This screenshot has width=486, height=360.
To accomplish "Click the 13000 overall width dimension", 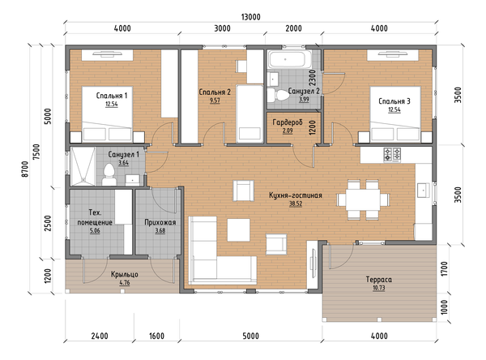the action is pos(250,17).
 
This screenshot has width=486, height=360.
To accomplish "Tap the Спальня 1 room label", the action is pos(112,96).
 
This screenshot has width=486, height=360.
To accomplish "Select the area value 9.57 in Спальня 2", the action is pos(215,101).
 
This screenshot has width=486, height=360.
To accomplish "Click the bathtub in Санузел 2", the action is pos(290,60).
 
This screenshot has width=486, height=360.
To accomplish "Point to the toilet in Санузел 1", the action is pos(109,174).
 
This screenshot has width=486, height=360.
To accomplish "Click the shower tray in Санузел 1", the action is pos(83,166).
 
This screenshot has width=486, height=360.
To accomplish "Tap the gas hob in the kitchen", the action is pos(392,155).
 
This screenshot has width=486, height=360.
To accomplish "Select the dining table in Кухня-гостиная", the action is pos(363,199).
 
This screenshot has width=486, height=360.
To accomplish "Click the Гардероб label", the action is pos(288,122).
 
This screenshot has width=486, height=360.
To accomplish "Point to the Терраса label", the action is pos(379,279).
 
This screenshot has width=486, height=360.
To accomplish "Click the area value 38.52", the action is pos(296,204).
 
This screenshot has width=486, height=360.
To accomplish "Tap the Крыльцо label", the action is pos(124,275).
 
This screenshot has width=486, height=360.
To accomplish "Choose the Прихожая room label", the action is pos(160,222).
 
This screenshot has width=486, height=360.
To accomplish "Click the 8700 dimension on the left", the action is pos(25,169).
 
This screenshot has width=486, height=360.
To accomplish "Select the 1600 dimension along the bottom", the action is pos(156,336).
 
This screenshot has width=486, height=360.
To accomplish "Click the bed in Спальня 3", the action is pos(395,114).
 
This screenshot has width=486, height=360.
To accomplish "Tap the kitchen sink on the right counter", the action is pos(423,191).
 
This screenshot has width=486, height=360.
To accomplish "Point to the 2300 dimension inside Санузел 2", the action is pos(313,78).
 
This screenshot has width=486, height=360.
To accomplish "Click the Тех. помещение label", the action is pos(95,217).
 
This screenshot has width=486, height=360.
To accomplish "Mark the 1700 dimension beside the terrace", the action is pos(444,268).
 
